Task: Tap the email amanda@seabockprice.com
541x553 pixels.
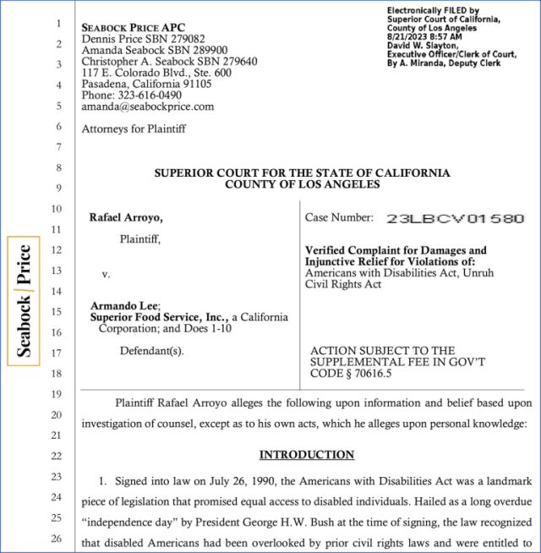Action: click(x=147, y=107)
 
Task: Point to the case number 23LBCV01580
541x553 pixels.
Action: click(x=455, y=218)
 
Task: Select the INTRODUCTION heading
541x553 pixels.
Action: click(x=306, y=455)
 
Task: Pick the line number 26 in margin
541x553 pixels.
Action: click(x=57, y=538)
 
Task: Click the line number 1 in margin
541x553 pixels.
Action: click(x=59, y=23)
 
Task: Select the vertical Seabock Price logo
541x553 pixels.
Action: click(x=25, y=301)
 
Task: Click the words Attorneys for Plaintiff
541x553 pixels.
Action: click(x=134, y=129)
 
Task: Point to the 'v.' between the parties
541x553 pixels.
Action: click(x=106, y=274)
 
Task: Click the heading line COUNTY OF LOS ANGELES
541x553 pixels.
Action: click(x=302, y=184)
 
